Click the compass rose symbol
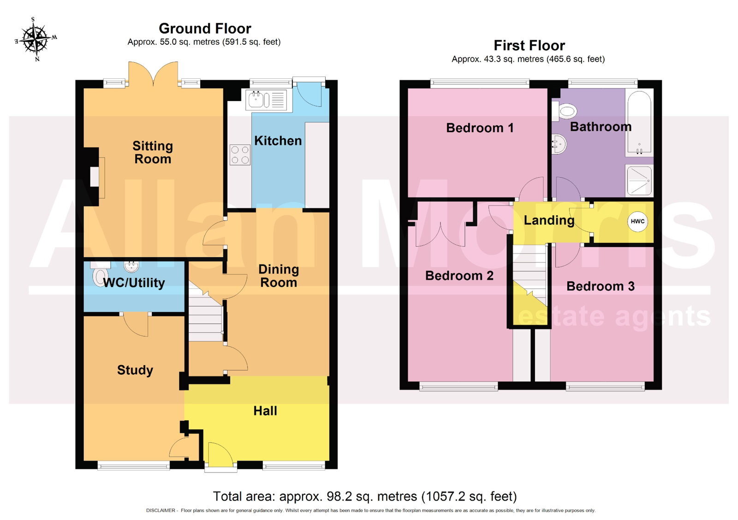36,39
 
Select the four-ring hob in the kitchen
240,155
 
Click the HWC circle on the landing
637,221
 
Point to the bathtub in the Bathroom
639,122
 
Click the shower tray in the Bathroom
639,180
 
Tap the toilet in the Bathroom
564,111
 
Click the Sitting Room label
153,153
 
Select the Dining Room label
279,276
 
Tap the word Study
135,370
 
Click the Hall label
265,411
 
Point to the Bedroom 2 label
459,276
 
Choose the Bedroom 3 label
600,286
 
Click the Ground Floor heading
205,29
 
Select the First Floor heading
529,46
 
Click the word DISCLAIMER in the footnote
161,510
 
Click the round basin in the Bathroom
559,144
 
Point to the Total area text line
365,496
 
